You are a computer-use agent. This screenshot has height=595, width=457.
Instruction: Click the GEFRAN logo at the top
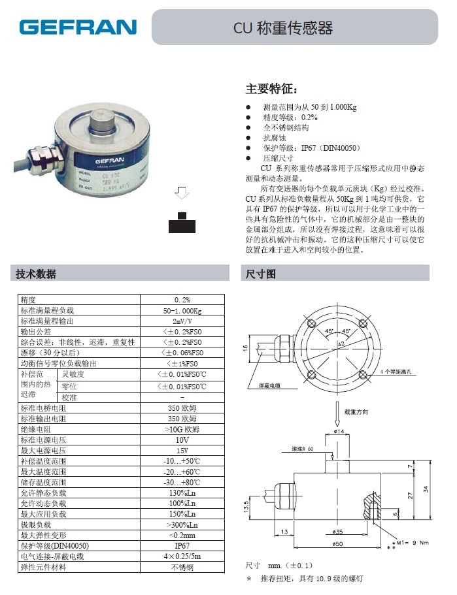[78, 27]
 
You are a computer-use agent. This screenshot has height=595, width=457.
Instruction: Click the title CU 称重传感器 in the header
[284, 27]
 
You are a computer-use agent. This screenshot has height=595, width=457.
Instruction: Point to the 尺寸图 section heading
[261, 274]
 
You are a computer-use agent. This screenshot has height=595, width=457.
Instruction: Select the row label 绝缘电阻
[36, 429]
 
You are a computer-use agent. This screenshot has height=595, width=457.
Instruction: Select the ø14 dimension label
[339, 431]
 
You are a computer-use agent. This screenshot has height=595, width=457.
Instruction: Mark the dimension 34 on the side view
[426, 489]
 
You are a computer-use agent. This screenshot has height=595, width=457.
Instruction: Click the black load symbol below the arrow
[182, 224]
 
